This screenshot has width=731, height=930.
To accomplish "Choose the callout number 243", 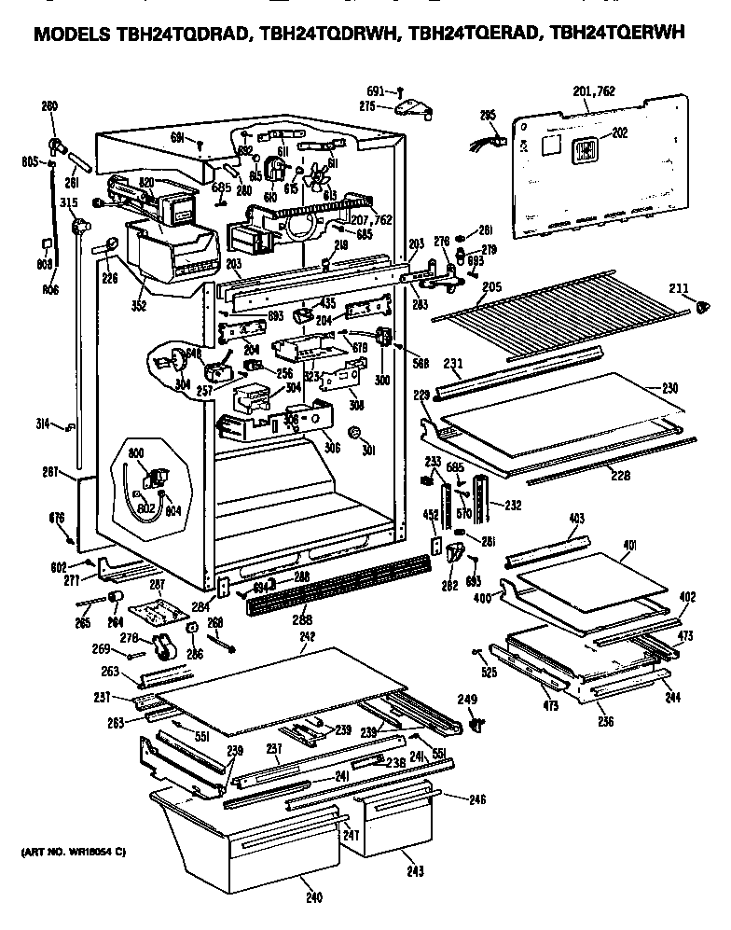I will point(415,871).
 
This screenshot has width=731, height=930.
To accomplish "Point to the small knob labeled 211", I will point(705,305).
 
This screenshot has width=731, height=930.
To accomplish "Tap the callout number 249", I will point(467,699).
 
